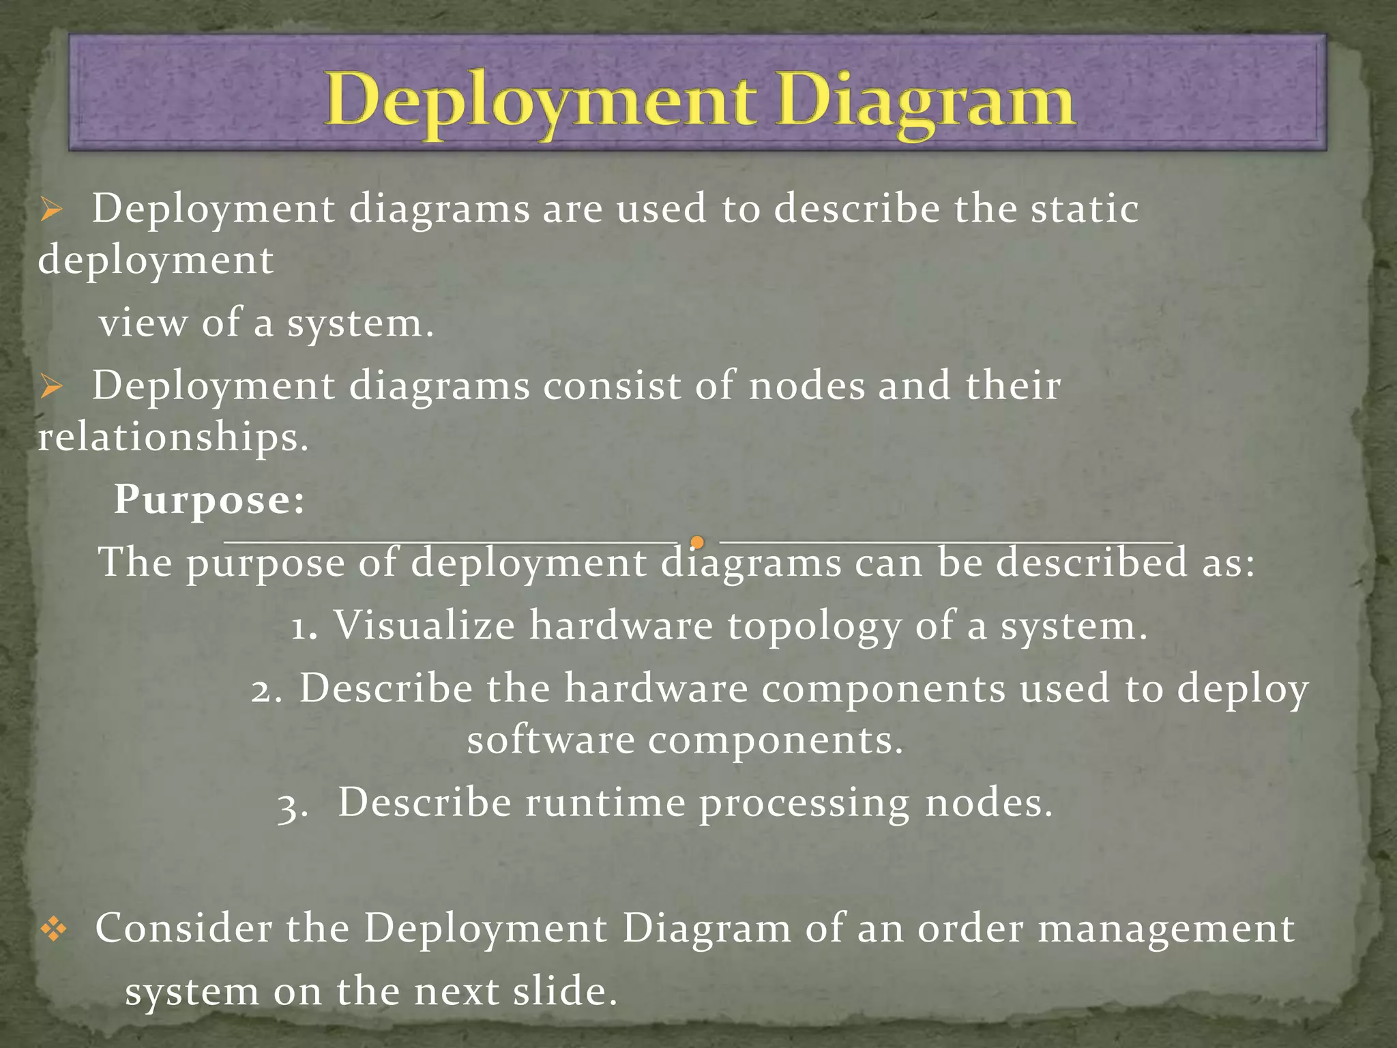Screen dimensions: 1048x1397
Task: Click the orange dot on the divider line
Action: pyautogui.click(x=697, y=542)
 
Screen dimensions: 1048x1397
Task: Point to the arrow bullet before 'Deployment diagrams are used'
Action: pyautogui.click(x=51, y=210)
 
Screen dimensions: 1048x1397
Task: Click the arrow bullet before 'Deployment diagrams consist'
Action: pyautogui.click(x=51, y=388)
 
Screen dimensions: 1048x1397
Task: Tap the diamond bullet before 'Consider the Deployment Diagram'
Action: pyautogui.click(x=54, y=929)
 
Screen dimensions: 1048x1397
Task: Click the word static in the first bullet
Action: pyautogui.click(x=1084, y=208)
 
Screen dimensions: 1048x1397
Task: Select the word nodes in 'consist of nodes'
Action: pyautogui.click(x=806, y=385)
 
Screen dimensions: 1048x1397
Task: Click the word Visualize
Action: pyautogui.click(x=424, y=625)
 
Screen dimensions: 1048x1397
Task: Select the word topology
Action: pyautogui.click(x=814, y=626)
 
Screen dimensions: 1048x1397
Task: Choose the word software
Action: pyautogui.click(x=550, y=740)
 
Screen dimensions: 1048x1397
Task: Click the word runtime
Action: pyautogui.click(x=604, y=802)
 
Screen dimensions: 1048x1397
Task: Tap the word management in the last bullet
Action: pyautogui.click(x=1166, y=929)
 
